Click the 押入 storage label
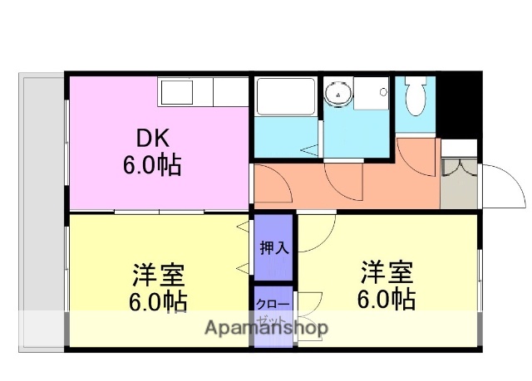(273, 247)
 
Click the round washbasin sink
(339, 94)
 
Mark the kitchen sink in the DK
(175, 90)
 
